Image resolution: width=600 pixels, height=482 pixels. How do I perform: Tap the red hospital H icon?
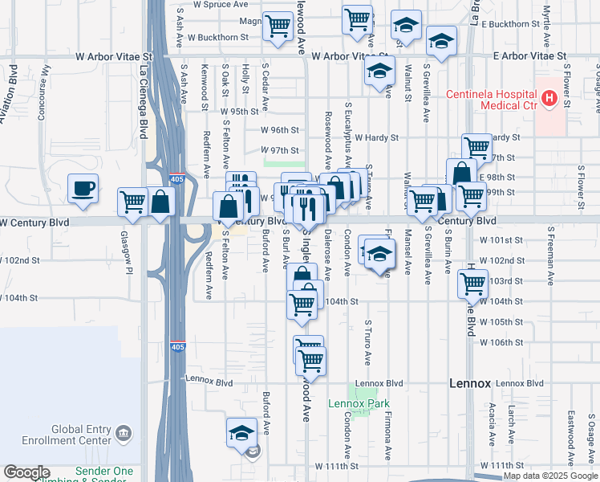coord(549,99)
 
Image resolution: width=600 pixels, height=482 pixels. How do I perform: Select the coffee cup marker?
coord(83,190)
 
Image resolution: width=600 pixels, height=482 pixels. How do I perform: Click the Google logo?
coord(26,472)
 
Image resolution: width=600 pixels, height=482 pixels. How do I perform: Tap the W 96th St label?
coord(279,129)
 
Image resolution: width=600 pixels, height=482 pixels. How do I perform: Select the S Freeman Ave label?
coord(550,256)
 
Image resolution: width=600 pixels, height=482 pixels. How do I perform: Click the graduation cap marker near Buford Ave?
coord(241,433)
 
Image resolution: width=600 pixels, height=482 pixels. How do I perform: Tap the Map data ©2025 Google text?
coord(549,476)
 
